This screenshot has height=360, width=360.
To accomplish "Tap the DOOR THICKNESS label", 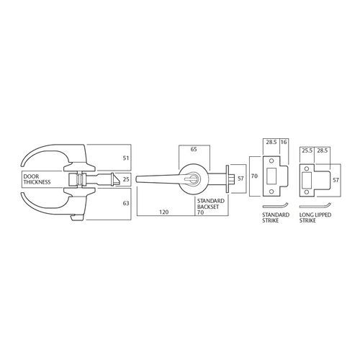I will coord(35,179).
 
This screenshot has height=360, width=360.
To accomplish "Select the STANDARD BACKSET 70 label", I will coord(209,206).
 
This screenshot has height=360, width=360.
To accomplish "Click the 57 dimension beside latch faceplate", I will coord(241,176).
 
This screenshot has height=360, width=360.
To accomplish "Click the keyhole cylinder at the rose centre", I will coord(194,177).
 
